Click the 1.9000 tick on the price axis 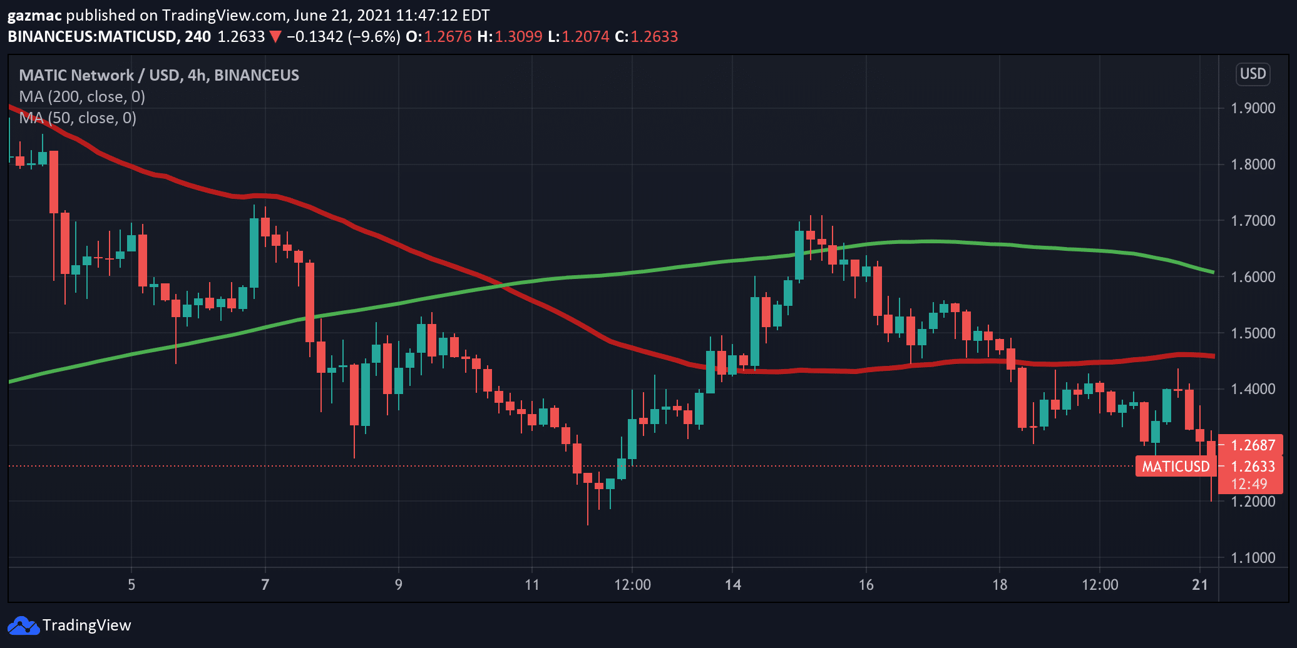coord(1253,108)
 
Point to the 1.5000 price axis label coord(1253,333)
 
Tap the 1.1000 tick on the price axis coord(1253,558)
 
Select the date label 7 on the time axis coord(265,585)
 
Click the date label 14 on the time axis coord(732,585)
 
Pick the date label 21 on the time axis coord(1199,585)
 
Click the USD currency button coord(1253,74)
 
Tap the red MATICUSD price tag coord(1176,467)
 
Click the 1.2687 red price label coord(1253,445)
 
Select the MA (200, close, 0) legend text coord(82,97)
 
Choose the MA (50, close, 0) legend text coord(78,118)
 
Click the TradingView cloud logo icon coord(23,625)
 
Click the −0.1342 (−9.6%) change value coord(344,36)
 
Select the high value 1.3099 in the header coord(518,36)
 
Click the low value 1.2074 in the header coord(585,36)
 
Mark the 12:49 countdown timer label coord(1249,484)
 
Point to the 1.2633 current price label coord(1253,467)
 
